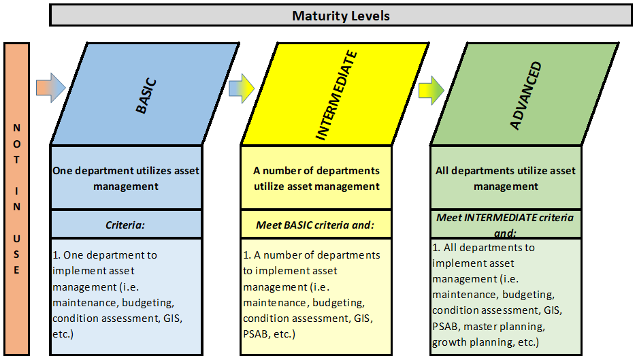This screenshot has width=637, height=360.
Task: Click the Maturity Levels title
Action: [341, 16]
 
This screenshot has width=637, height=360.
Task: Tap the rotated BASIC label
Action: [146, 96]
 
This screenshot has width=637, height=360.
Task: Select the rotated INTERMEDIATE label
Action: [336, 95]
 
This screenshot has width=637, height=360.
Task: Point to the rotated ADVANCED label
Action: [526, 96]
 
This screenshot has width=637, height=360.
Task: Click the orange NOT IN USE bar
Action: [16, 199]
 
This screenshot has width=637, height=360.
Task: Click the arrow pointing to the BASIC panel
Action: [51, 87]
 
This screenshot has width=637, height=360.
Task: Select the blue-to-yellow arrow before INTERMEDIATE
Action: [242, 88]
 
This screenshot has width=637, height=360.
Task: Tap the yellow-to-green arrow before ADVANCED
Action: [431, 91]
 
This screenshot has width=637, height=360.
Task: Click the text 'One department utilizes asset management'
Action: [126, 178]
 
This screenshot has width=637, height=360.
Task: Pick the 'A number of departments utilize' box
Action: [316, 178]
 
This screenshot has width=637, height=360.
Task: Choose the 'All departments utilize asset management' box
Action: [506, 178]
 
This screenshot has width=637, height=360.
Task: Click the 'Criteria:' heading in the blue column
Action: [125, 225]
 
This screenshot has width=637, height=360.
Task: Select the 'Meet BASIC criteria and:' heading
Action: [315, 225]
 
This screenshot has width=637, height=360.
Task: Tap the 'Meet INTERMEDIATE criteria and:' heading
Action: [505, 225]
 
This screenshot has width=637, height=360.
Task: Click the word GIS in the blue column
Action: [171, 318]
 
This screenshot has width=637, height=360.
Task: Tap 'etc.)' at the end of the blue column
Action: [63, 334]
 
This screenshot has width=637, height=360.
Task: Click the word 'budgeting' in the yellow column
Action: [338, 303]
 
